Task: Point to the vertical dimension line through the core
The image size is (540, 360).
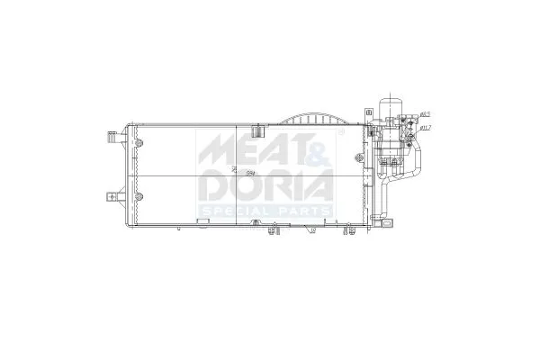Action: click(x=235, y=171)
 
